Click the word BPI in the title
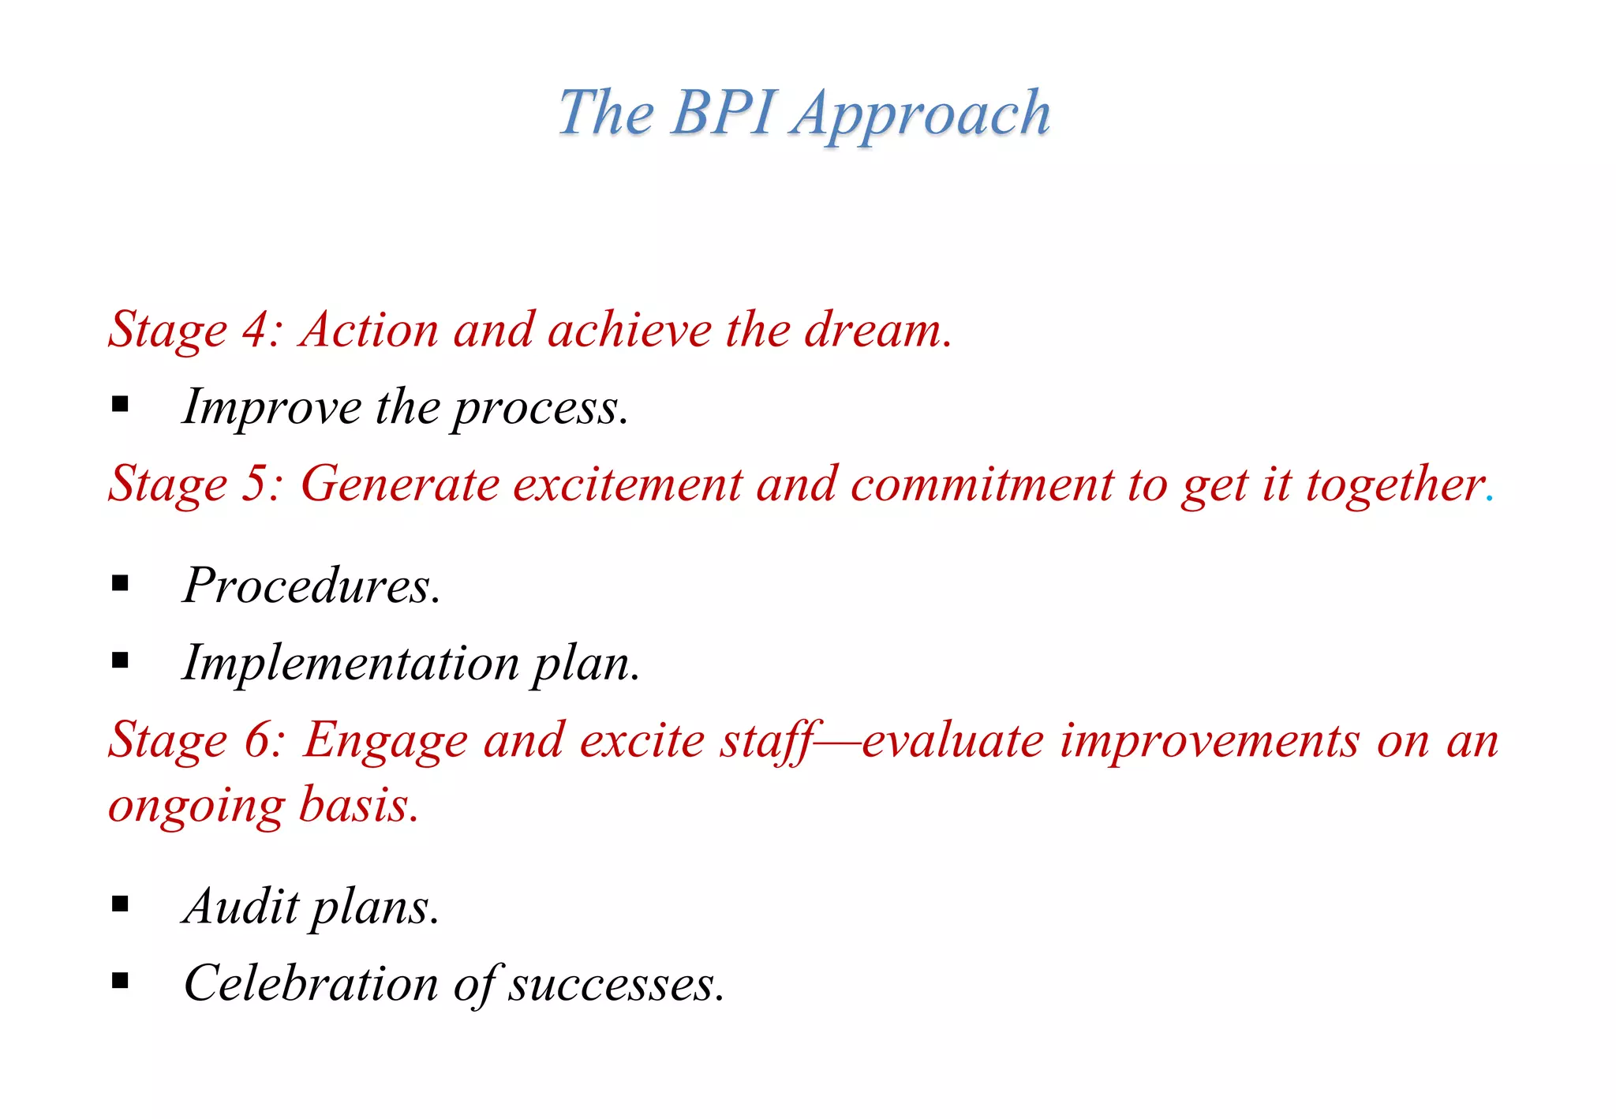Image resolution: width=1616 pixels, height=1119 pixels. [724, 113]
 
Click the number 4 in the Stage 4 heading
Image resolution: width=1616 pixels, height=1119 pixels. [256, 329]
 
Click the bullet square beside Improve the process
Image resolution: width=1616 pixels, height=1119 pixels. [120, 405]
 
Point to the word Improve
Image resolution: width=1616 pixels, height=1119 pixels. [271, 408]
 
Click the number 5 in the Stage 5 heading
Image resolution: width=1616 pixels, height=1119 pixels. [256, 484]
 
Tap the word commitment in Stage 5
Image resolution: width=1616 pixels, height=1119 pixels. [981, 484]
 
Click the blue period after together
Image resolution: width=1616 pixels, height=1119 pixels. [1489, 499]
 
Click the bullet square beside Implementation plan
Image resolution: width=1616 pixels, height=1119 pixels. [120, 660]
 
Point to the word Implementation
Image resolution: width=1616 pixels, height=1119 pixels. [350, 663]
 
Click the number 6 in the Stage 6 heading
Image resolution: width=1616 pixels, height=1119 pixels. [257, 740]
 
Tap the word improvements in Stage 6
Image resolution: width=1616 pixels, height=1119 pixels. [1209, 740]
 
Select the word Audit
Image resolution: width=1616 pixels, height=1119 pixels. [240, 906]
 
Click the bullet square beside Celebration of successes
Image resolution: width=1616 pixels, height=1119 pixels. [120, 981]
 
